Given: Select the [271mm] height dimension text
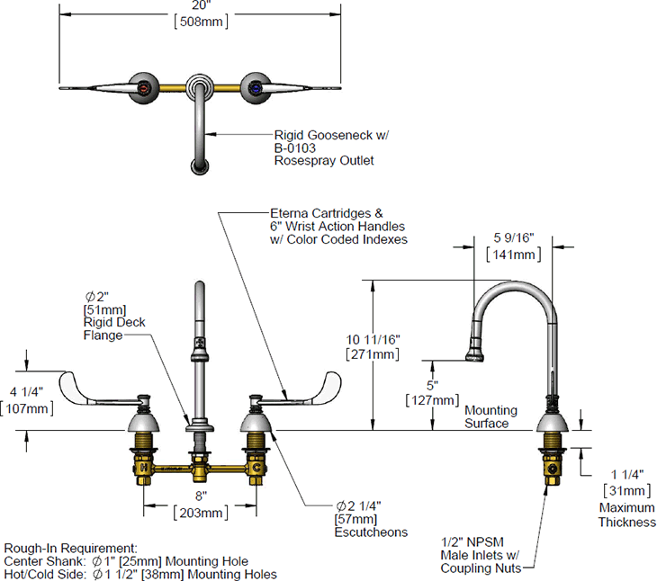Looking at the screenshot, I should tap(372, 355).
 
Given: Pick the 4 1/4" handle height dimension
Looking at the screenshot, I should tap(33, 392).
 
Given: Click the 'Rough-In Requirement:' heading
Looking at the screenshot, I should tap(71, 548).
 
